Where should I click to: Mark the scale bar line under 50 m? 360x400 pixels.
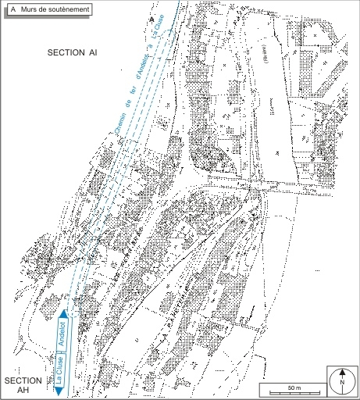(291, 393)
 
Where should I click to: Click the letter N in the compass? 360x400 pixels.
(341, 384)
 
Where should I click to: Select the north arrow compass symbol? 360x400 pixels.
(341, 380)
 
